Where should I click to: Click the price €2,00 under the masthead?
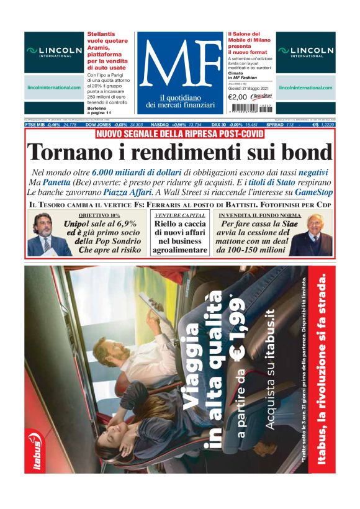[237, 97]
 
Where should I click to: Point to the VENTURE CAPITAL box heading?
[180, 215]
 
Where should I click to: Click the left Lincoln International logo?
[54, 52]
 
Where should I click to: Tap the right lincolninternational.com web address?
[306, 88]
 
